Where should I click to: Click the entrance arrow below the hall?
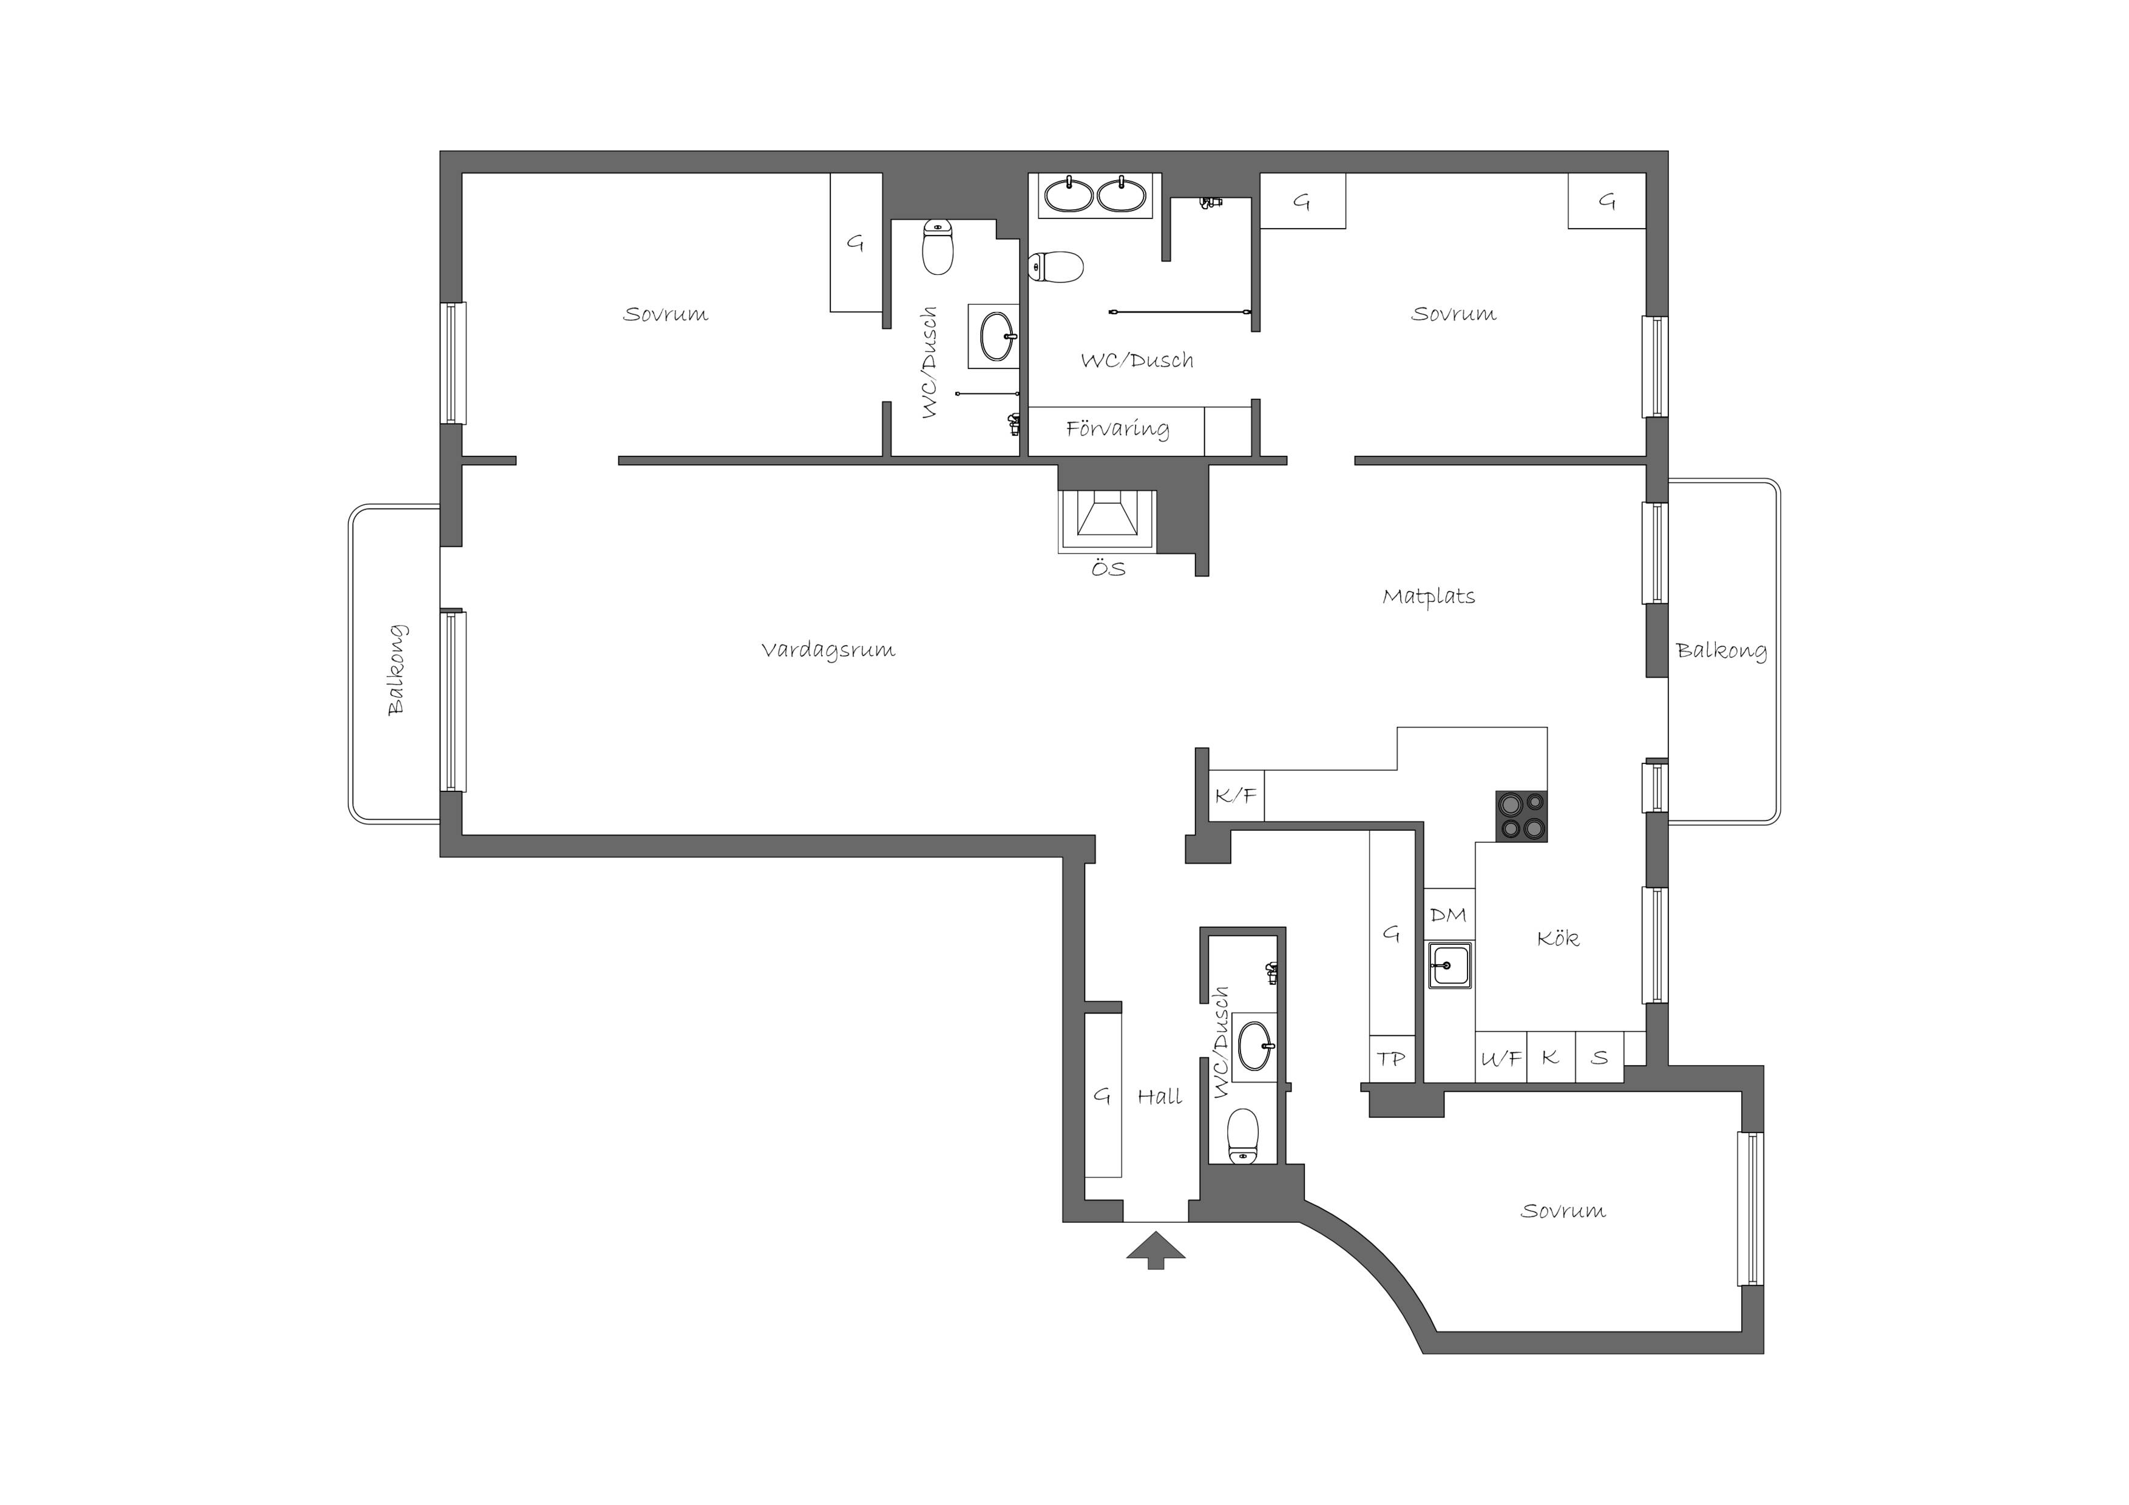[x=1156, y=1249]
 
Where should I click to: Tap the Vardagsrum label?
[x=828, y=650]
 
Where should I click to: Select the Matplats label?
[x=1428, y=597]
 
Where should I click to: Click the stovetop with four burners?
[x=1521, y=816]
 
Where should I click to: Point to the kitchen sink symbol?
[x=1449, y=966]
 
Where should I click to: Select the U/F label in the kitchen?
[x=1500, y=1058]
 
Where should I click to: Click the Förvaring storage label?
[x=1117, y=428]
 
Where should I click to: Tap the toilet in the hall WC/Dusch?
[x=1242, y=1136]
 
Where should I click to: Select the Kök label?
[x=1558, y=938]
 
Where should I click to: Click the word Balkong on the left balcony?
[x=397, y=669]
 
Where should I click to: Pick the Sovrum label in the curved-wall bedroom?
[x=1563, y=1211]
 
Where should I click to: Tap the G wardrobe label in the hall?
[x=1102, y=1096]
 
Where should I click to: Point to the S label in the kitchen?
[x=1600, y=1057]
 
